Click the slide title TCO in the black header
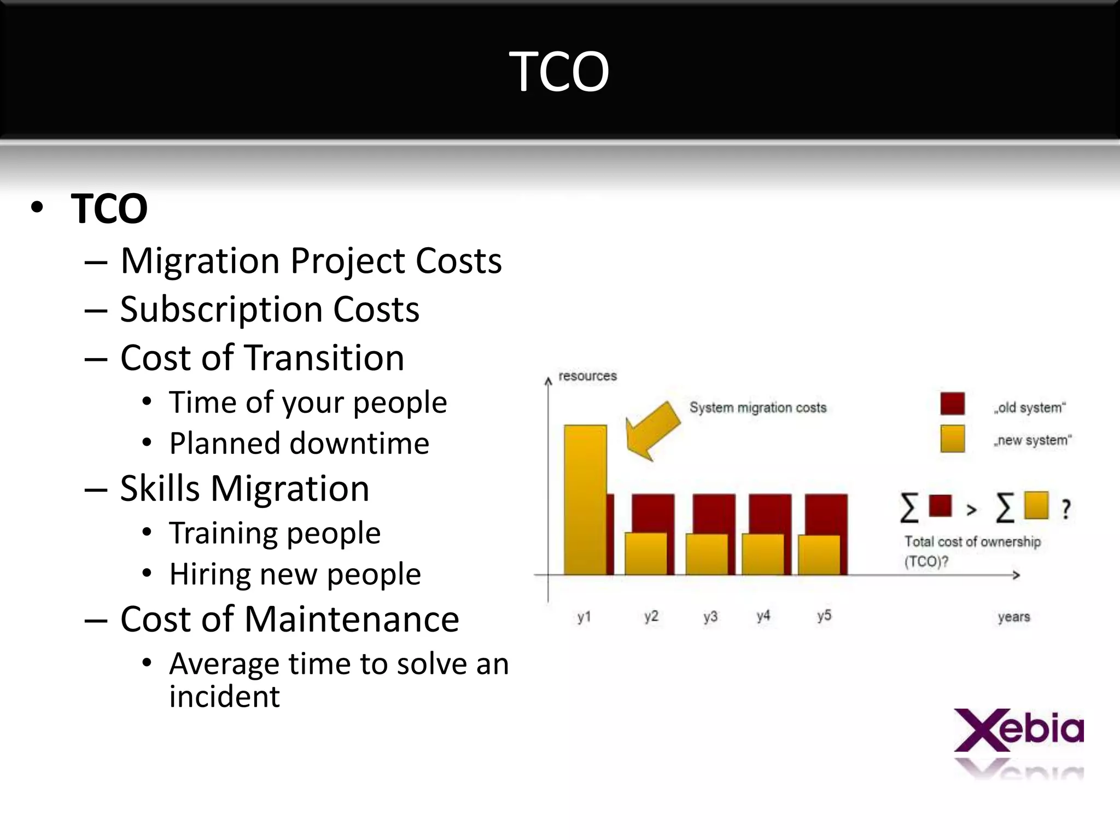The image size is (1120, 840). [559, 71]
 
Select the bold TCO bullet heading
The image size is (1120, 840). [109, 208]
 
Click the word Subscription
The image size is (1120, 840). [221, 310]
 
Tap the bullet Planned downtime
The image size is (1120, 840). [299, 443]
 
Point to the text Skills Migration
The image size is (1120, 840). [244, 488]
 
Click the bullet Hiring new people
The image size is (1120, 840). [295, 574]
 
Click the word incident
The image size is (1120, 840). [224, 697]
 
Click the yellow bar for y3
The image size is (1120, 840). [707, 553]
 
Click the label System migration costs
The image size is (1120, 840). [757, 407]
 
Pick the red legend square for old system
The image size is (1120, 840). [952, 404]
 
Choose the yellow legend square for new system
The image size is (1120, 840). [952, 439]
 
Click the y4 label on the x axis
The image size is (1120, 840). [763, 616]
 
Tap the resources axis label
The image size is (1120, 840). [587, 376]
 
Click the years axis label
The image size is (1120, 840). [1013, 617]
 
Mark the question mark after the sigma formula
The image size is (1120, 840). [1066, 509]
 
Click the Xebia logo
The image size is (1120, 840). [1018, 731]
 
